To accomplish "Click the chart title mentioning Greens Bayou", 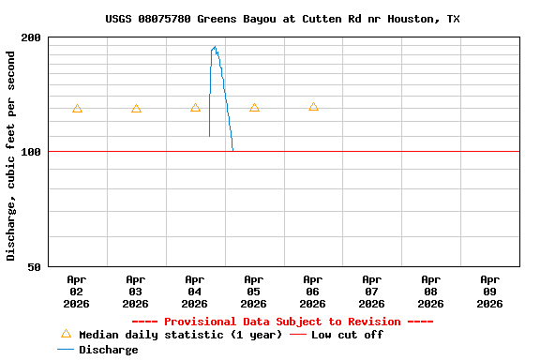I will pos(282,19).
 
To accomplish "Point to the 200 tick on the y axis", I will pos(32,37).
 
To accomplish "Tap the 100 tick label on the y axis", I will pos(32,152).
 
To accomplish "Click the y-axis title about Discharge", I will pos(11,156).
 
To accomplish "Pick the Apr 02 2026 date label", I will pos(77,292).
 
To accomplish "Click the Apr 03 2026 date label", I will pos(136,292).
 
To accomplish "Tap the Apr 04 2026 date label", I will pos(195,292).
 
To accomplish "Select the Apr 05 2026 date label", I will pos(254,292).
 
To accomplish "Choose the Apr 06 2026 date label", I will pos(313,292).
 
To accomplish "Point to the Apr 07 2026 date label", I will pos(372,292).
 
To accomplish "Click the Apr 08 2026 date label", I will pos(431,292).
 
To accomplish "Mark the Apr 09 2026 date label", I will pos(490,292).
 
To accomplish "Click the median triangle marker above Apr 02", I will pos(77,109).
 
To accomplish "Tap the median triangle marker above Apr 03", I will pos(136,109).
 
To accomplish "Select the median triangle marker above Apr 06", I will pos(313,107).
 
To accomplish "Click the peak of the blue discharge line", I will pos(215,46).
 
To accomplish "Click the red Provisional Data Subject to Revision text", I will pos(282,321).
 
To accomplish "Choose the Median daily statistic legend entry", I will pos(170,335).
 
